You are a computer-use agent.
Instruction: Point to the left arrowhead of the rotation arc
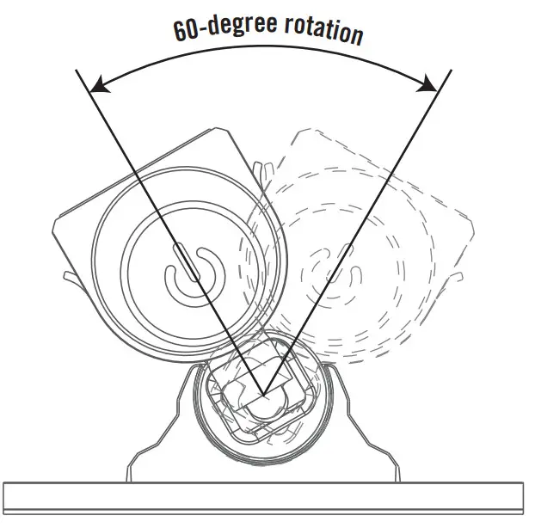(x=96, y=83)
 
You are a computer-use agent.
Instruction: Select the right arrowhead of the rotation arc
(x=427, y=83)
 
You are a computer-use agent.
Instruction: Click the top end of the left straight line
(x=79, y=70)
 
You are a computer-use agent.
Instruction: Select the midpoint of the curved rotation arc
(x=262, y=53)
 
